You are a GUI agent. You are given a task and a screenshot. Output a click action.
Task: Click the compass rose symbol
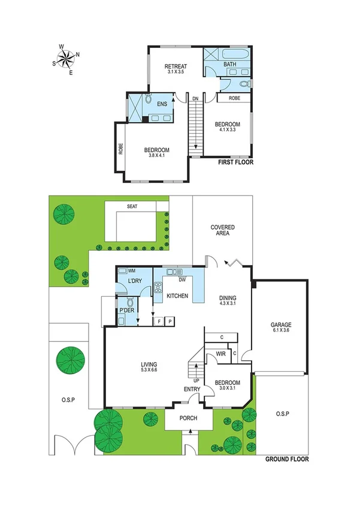[x=66, y=58]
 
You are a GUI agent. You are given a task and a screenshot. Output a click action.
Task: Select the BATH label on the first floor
[x=229, y=64]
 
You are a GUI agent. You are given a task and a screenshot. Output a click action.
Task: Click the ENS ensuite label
[x=162, y=104]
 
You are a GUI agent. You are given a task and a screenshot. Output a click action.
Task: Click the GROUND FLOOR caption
[x=288, y=460]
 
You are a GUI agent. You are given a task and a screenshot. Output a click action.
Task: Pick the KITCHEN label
[x=177, y=296]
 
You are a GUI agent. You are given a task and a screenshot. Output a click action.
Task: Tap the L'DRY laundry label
[x=134, y=283]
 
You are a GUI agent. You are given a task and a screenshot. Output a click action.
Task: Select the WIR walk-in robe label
[x=220, y=354]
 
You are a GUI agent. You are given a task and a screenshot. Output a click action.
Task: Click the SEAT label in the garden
[x=131, y=207]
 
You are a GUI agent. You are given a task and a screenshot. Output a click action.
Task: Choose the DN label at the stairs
[x=195, y=99]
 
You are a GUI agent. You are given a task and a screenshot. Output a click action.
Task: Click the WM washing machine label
[x=132, y=271]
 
